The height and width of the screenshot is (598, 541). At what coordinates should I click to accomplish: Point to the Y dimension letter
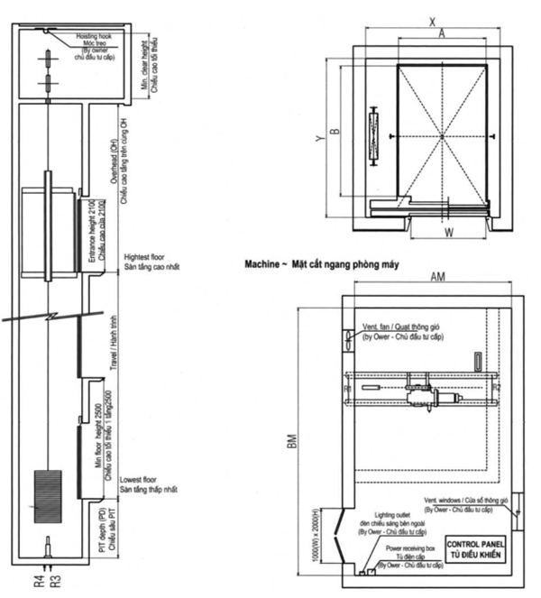(x=317, y=139)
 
